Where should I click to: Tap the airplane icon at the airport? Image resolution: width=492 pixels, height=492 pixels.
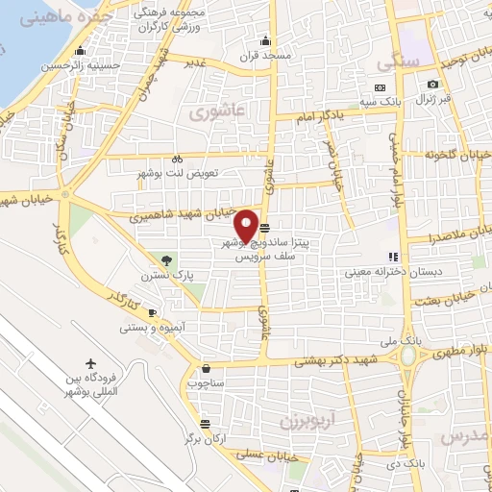(91, 365)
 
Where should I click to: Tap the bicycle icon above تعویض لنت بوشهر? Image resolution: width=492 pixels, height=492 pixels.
(177, 159)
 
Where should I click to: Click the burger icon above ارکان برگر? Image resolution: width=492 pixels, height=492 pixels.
(204, 424)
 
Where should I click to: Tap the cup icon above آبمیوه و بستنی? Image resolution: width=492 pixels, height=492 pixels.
(151, 312)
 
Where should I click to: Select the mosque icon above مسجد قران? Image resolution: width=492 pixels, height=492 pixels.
(266, 40)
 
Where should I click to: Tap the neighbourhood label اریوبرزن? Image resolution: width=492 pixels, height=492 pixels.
(307, 421)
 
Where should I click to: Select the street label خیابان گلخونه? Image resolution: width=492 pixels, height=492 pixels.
(457, 153)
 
